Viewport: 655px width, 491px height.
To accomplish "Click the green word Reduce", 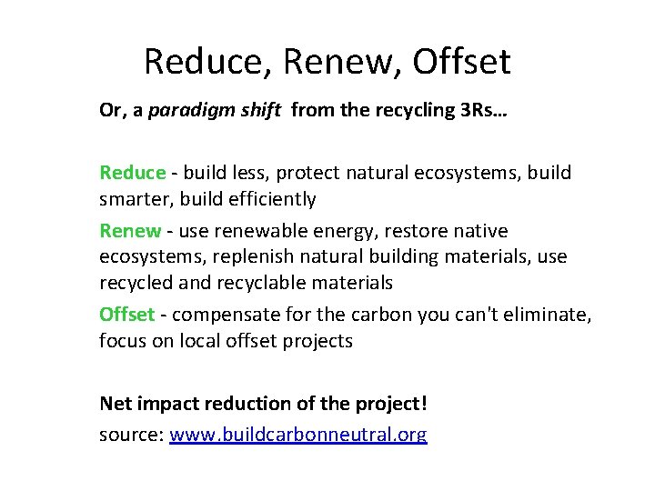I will click(132, 173).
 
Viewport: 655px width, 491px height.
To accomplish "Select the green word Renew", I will click(129, 232).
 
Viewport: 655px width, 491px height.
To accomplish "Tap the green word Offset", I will click(127, 315).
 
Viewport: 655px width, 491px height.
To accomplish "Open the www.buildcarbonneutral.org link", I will click(298, 436).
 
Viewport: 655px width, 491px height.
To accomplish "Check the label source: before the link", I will click(131, 436).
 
